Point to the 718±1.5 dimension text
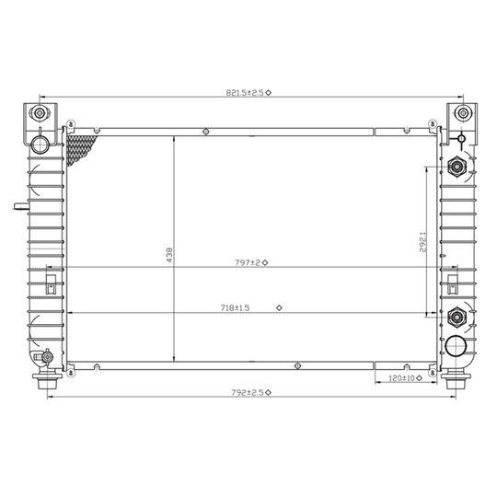234,307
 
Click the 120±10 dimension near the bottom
401,377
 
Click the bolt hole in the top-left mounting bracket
39,113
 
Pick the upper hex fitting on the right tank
456,168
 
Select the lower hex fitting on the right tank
455,318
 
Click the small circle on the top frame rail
203,131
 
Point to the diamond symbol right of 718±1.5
279,307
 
